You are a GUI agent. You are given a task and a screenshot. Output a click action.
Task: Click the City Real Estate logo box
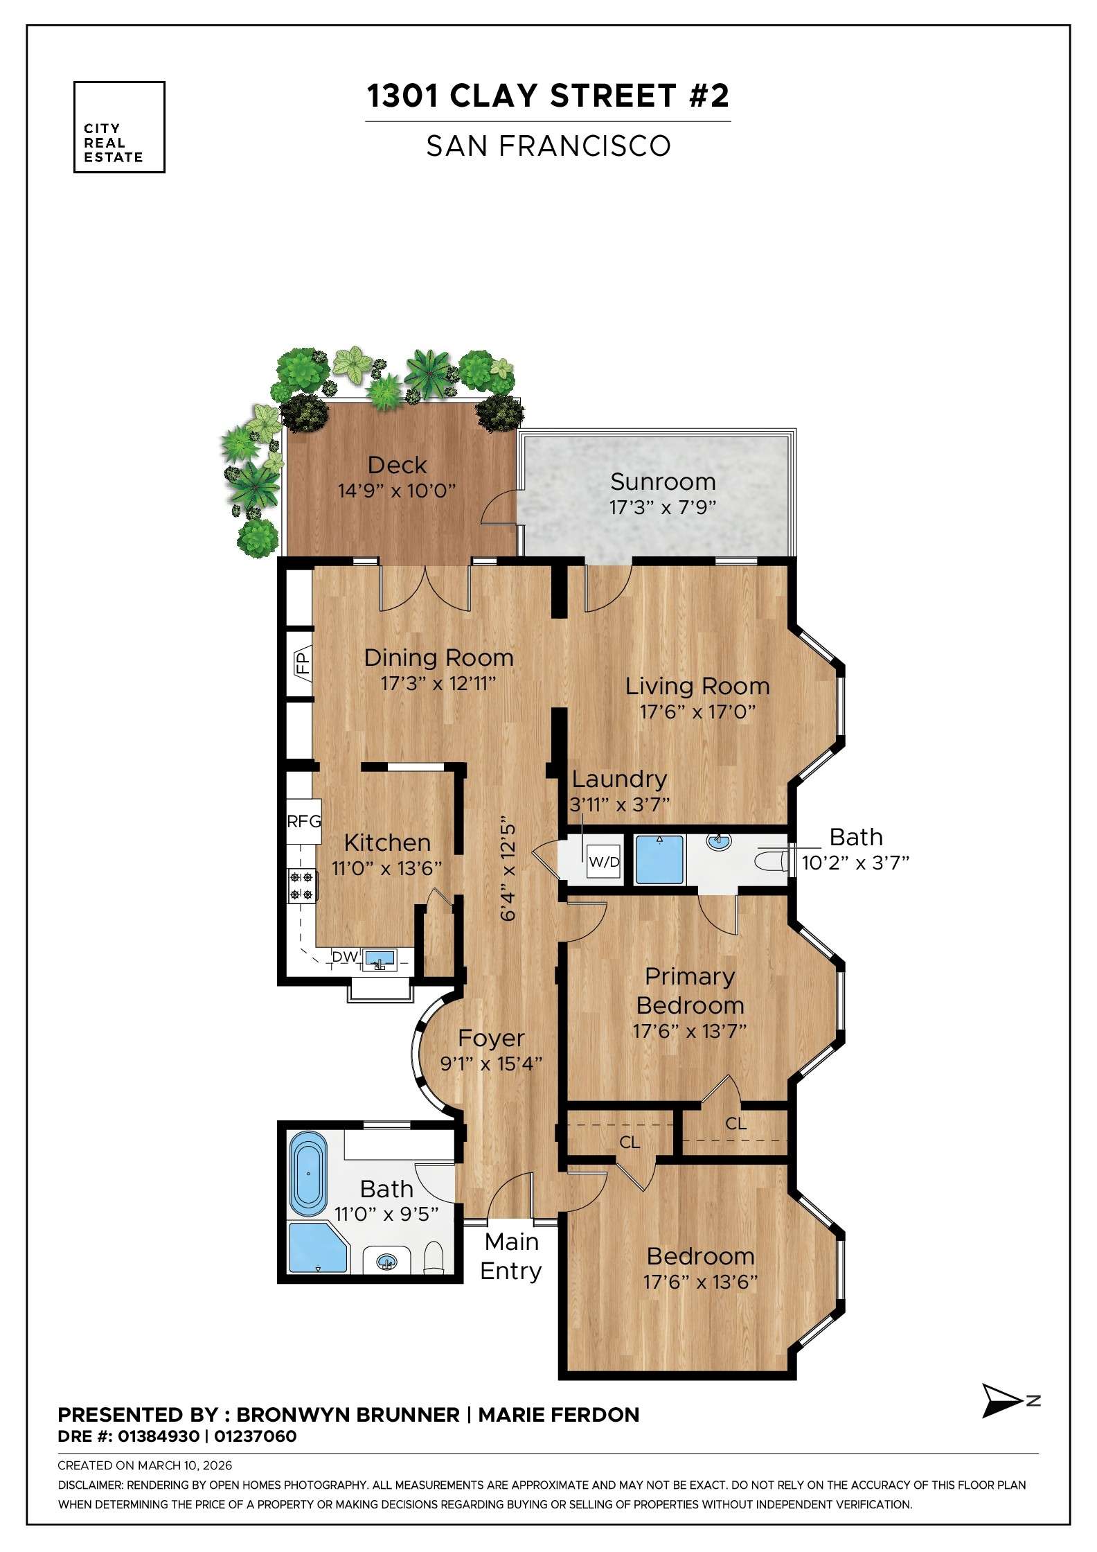click(119, 127)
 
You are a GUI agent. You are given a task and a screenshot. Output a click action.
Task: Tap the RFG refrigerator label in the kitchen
click(304, 821)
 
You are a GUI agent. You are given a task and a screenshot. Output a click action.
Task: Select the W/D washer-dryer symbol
click(604, 862)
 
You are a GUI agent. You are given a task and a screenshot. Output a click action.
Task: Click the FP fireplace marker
click(303, 664)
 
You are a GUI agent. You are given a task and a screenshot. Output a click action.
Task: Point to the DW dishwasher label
click(345, 957)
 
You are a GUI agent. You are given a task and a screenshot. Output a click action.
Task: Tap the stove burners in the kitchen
click(303, 885)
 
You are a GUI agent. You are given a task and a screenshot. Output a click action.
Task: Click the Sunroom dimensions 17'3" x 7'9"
click(662, 507)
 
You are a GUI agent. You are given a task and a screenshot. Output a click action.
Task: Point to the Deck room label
click(397, 465)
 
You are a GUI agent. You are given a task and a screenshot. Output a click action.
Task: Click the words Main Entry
click(511, 1256)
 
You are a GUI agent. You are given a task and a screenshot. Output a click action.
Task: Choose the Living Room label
click(697, 686)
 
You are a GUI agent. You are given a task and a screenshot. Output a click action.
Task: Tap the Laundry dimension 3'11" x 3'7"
click(620, 804)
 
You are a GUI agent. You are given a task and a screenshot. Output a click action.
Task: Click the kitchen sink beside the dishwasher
click(380, 960)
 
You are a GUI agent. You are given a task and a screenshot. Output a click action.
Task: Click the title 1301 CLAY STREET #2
click(548, 96)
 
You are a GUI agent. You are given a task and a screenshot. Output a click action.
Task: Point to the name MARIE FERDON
click(559, 1415)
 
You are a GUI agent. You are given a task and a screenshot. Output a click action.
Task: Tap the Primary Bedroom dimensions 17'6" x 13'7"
click(690, 1031)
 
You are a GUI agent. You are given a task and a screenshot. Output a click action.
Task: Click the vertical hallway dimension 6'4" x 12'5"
click(508, 871)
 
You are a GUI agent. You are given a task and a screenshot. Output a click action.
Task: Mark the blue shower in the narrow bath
click(659, 860)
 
